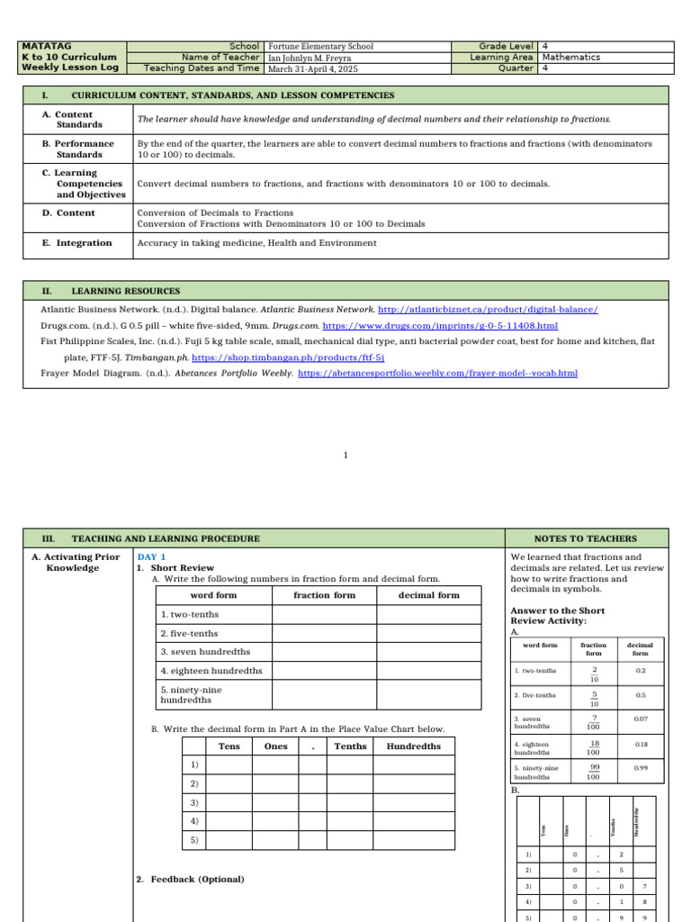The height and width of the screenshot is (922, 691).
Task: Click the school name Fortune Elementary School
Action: [320, 46]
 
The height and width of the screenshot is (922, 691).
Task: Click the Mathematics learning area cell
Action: [571, 57]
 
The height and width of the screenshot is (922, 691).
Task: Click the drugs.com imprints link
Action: [440, 325]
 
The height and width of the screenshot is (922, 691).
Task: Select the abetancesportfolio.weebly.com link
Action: [437, 373]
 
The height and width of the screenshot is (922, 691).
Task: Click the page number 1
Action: [345, 456]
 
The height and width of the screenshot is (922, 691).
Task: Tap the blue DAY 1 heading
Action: [151, 557]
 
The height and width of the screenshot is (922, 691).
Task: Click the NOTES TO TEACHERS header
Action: [585, 538]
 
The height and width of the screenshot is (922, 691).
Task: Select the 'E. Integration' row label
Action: [77, 243]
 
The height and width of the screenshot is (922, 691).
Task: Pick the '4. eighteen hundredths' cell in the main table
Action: [211, 671]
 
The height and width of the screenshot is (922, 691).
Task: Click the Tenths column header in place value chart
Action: [350, 746]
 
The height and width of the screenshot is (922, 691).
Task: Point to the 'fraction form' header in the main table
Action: [324, 595]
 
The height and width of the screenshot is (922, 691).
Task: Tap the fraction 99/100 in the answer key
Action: [593, 772]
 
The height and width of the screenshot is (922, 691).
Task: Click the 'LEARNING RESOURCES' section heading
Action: [125, 291]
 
